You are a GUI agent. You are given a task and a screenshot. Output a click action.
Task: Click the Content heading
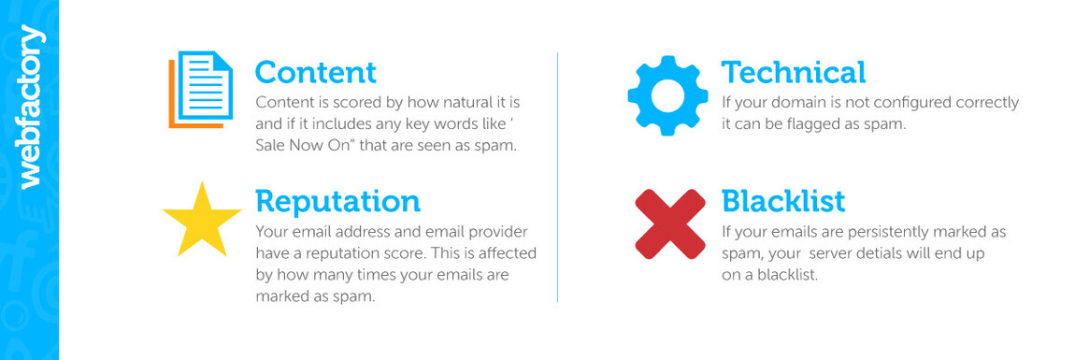coord(315,72)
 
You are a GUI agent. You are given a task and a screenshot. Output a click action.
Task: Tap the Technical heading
coord(793,72)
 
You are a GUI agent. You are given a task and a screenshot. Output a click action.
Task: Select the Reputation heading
coord(337,201)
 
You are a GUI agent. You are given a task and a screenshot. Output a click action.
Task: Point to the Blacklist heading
coord(782,201)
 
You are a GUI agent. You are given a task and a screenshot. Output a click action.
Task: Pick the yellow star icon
coord(202,222)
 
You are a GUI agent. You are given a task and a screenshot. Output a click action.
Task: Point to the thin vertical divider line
coord(557,178)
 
